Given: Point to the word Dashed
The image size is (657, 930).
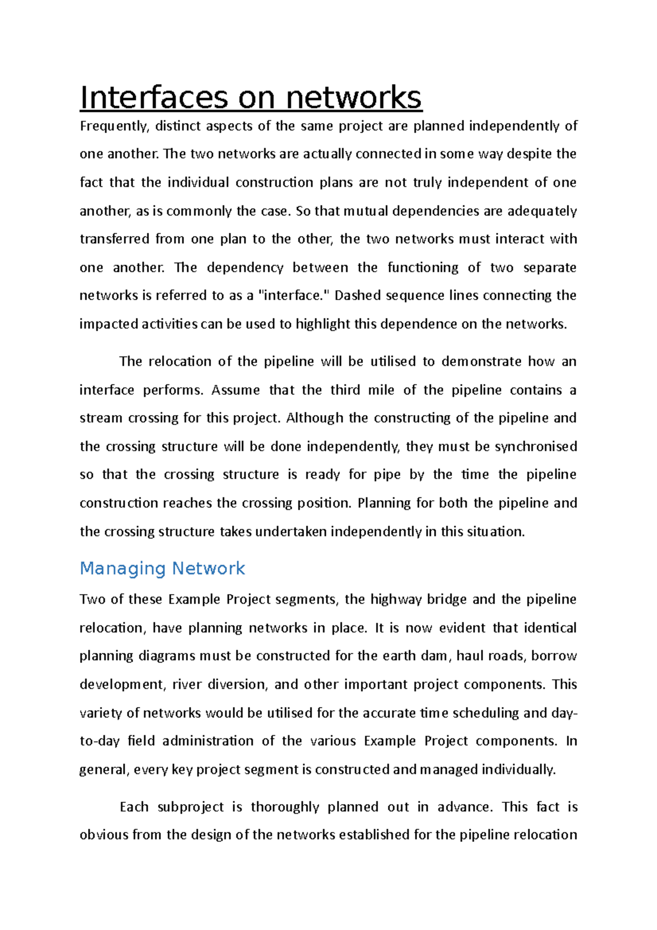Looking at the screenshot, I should click(x=357, y=296).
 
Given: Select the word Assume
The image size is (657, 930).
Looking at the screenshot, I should click(x=235, y=390).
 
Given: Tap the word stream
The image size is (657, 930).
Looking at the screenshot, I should click(x=101, y=418).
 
